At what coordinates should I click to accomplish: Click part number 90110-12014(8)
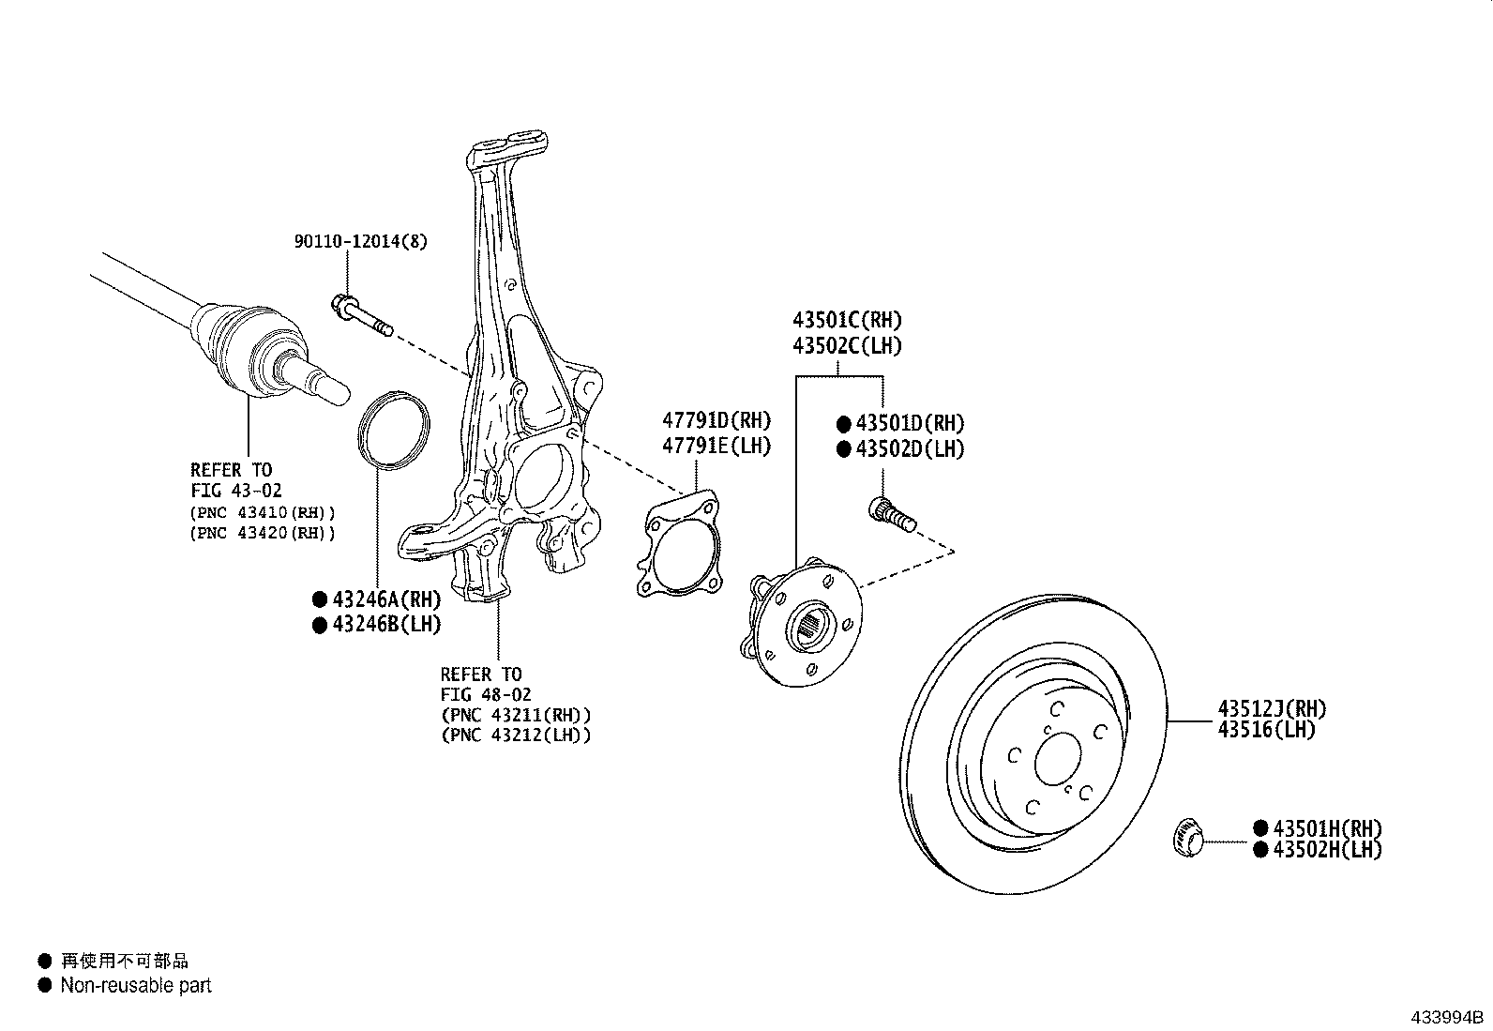coord(360,242)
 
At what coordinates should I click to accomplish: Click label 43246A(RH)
coord(385,599)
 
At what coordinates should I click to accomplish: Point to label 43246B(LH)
coord(385,624)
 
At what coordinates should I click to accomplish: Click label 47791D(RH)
coord(716,421)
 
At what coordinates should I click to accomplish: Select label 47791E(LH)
coord(716,447)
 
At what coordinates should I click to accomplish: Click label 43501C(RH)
coord(847,321)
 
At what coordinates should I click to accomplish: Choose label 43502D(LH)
coord(909,449)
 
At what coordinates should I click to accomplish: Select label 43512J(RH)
coord(1272,709)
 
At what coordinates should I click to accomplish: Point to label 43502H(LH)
coord(1327,850)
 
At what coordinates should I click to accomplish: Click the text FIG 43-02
coord(235,491)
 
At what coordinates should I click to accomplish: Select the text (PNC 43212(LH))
coord(516,735)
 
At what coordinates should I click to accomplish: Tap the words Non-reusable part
coord(136,986)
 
